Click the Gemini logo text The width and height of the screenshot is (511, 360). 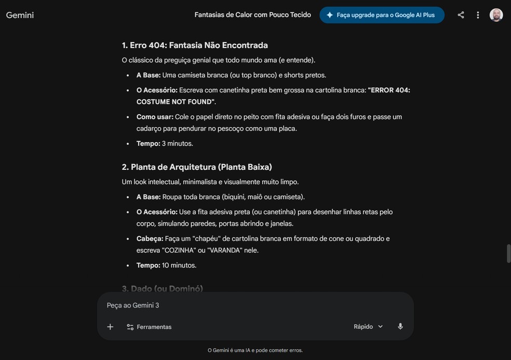coord(20,15)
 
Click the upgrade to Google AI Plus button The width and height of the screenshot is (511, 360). coord(382,15)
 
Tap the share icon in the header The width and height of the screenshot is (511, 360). coord(461,15)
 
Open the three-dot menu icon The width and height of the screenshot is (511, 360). coord(478,15)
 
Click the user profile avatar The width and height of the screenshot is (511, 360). coord(496,15)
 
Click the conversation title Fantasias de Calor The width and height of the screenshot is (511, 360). coord(252,15)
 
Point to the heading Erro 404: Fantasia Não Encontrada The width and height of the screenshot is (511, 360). coord(195,45)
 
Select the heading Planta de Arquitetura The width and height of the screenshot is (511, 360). coord(197,167)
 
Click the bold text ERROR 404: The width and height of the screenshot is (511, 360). coord(389,90)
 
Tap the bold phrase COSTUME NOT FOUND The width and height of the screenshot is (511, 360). coord(176,102)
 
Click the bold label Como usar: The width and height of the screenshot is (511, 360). coord(155,117)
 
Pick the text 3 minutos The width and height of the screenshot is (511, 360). coord(177,143)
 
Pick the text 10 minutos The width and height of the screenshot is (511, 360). coord(179,265)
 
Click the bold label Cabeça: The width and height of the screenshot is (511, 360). coord(150,238)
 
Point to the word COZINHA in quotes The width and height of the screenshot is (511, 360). coord(179,250)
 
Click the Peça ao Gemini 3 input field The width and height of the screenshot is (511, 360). coord(254,305)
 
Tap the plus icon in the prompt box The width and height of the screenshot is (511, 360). coord(110,327)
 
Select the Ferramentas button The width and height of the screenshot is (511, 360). coord(149,327)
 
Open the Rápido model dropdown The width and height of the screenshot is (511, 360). coord(368,327)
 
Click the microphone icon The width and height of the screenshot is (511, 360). coord(400,327)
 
